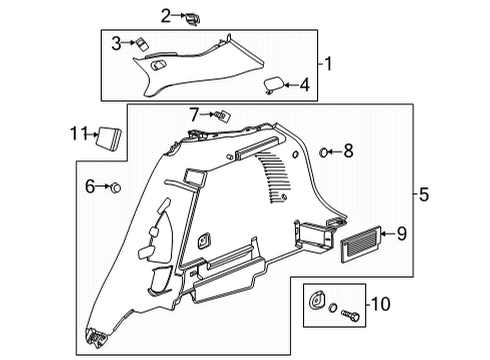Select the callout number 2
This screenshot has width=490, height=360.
pos(166,14)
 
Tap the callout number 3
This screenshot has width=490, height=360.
pos(117,43)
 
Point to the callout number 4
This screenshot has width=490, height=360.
pos(304,86)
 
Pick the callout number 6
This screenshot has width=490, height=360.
pos(89,187)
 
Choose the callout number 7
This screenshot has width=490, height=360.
pos(196,114)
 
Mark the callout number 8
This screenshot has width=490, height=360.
pos(348,151)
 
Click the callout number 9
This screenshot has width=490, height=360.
pos(401,234)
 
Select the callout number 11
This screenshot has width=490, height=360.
pos(78,133)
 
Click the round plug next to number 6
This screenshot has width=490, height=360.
pos(116,187)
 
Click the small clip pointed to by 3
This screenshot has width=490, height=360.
pos(142,42)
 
